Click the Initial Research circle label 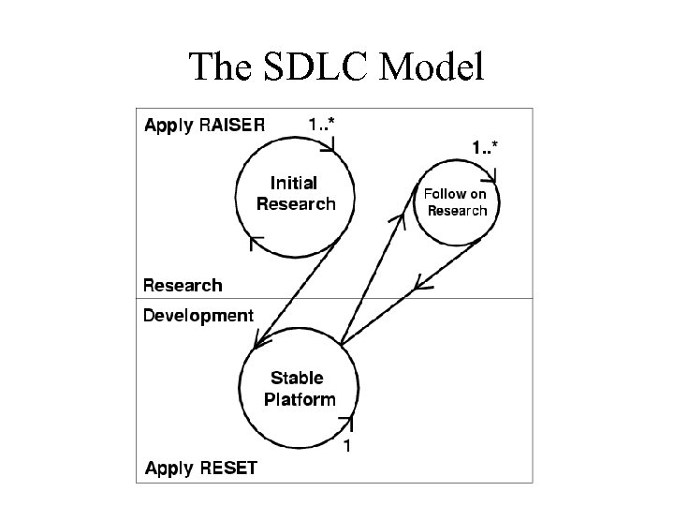tap(294, 193)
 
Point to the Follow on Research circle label tap(456, 202)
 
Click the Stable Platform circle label tap(298, 388)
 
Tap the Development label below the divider tap(198, 316)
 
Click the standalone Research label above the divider tap(183, 285)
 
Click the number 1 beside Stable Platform tap(347, 447)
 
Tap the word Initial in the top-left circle tap(294, 183)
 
